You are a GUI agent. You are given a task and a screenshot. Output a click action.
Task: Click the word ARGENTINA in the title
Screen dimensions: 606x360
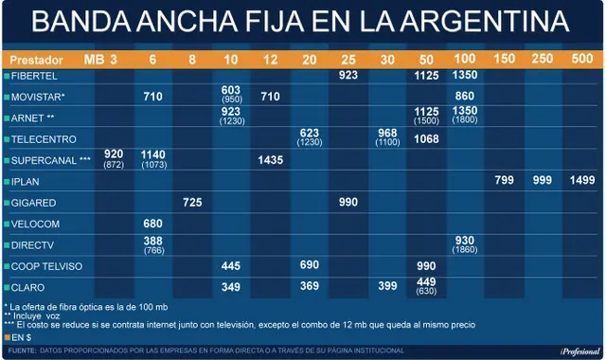(x=485, y=21)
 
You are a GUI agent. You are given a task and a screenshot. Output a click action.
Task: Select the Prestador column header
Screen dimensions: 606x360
(x=36, y=60)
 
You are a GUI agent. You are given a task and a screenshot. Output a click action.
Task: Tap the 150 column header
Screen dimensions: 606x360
(x=505, y=59)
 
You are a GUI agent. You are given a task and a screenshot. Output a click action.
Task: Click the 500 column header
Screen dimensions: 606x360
(x=582, y=59)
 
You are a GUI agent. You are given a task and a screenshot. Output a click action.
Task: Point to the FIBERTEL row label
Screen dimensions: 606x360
(x=34, y=76)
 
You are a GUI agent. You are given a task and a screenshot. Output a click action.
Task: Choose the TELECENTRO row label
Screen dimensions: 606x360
(x=44, y=139)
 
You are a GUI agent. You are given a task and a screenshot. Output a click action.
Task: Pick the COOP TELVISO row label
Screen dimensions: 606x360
(x=46, y=266)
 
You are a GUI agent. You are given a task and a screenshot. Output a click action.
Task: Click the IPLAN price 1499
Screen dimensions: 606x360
(x=582, y=180)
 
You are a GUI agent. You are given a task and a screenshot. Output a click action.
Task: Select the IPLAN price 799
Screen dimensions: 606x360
(x=505, y=180)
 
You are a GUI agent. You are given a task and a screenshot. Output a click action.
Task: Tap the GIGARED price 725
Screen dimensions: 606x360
(x=192, y=202)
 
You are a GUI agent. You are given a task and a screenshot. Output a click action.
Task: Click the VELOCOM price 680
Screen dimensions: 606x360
(x=152, y=224)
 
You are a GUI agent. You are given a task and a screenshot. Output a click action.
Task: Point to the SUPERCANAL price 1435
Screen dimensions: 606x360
(x=271, y=160)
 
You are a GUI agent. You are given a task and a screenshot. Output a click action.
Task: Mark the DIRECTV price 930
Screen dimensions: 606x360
(x=465, y=241)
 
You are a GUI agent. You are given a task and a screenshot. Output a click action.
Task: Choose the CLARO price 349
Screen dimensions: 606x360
(x=231, y=287)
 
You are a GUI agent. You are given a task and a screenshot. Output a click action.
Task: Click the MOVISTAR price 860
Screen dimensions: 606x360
(x=465, y=96)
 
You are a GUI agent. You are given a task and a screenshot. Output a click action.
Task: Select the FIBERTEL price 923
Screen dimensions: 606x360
(x=348, y=75)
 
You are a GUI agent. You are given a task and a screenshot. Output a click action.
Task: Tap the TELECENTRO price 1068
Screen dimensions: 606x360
(x=426, y=139)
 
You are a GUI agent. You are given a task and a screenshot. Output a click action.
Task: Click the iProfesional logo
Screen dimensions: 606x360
(x=579, y=351)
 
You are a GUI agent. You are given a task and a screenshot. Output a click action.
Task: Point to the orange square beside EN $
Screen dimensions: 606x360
(x=7, y=337)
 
